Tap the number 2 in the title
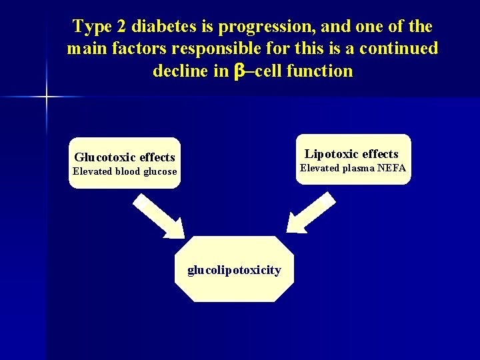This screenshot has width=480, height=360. pos(120,27)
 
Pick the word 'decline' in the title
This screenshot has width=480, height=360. pos(181,71)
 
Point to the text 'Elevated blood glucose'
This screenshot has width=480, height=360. pos(125,171)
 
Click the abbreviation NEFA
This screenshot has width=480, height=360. pos(391,168)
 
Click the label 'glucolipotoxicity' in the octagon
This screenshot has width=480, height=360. pos(234,270)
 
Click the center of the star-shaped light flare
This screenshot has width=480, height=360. pos(47,97)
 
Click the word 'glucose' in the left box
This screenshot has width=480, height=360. pos(161,171)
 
